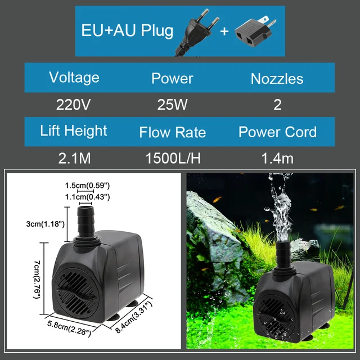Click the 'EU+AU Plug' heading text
(128, 30)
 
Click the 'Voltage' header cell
(74, 77)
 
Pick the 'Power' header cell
(172, 78)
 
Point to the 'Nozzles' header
(277, 78)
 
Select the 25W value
(172, 104)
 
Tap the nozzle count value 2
(277, 104)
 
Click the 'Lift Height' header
(74, 131)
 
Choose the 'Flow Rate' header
(173, 133)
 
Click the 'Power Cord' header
(277, 132)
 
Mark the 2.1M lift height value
(74, 158)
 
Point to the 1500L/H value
(173, 158)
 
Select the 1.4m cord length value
(277, 158)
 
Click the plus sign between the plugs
(224, 31)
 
